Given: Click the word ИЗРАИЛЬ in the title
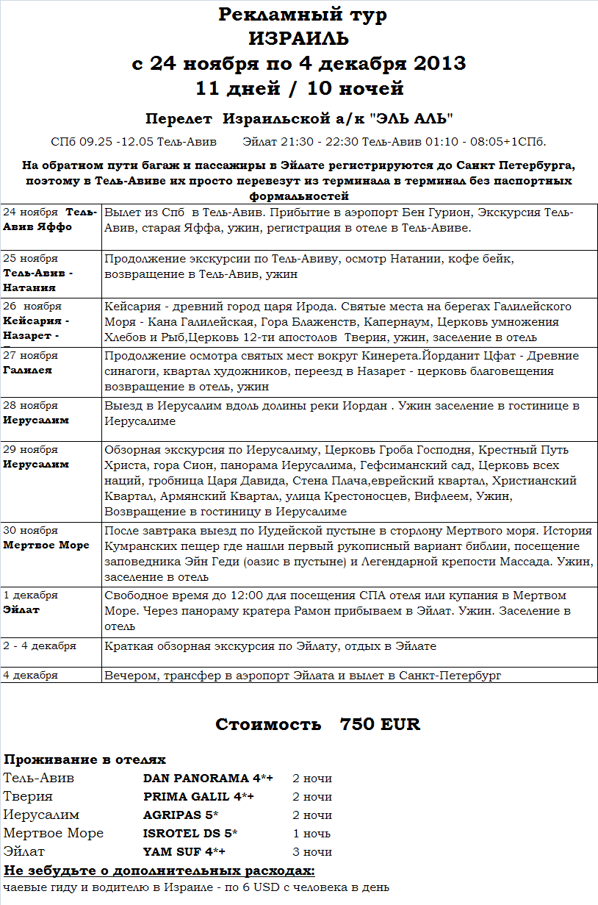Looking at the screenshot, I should pyautogui.click(x=298, y=39).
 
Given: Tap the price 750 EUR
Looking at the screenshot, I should pyautogui.click(x=380, y=724).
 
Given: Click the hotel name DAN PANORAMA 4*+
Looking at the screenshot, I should pyautogui.click(x=208, y=778).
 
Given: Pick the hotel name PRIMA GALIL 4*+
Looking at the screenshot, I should pyautogui.click(x=198, y=796).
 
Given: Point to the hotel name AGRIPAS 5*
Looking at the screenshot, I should pyautogui.click(x=181, y=815).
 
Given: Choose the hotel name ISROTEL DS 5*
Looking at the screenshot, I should pyautogui.click(x=190, y=833).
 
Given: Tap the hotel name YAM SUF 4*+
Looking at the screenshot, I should pyautogui.click(x=184, y=851).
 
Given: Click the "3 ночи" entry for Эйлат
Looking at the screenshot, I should pyautogui.click(x=312, y=851).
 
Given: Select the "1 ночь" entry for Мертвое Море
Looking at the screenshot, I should pyautogui.click(x=311, y=833).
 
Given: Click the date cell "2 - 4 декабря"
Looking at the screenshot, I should pyautogui.click(x=40, y=645).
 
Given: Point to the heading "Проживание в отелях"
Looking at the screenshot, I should pyautogui.click(x=84, y=759).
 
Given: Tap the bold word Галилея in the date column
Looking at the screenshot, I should pyautogui.click(x=28, y=370).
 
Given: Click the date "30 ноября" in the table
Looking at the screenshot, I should pyautogui.click(x=31, y=530).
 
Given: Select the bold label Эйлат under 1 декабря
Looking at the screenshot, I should pyautogui.click(x=21, y=609).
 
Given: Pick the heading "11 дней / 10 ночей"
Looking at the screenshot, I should pyautogui.click(x=299, y=89).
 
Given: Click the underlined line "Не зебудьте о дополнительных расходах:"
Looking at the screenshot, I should pyautogui.click(x=159, y=870).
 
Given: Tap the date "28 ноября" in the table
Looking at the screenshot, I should pyautogui.click(x=31, y=405).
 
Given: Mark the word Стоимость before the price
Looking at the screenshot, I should pyautogui.click(x=268, y=724).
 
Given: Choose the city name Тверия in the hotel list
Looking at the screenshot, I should pyautogui.click(x=28, y=796).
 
